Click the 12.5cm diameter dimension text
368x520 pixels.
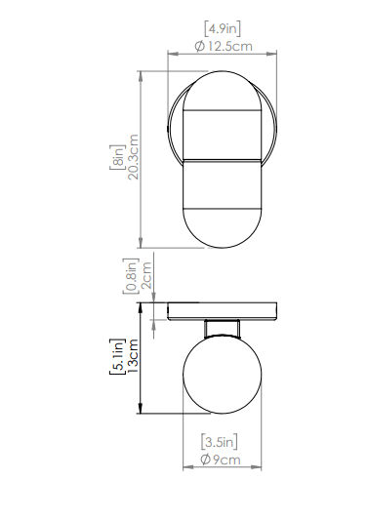coord(230,46)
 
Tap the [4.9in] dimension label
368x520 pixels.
coord(223,29)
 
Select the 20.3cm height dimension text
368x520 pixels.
coord(133,157)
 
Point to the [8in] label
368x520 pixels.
coord(117,157)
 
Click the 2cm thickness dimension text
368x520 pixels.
coord(146,275)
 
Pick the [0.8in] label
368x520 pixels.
coord(130,276)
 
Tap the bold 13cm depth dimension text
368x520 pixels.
coord(133,356)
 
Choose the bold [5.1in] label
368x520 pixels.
coord(117,356)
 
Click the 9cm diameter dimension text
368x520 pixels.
coord(226,460)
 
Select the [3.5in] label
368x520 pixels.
coord(220,442)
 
